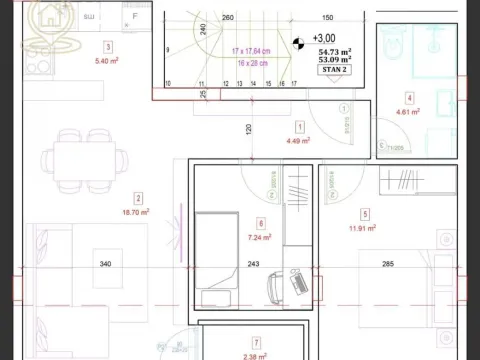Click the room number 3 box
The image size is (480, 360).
[107, 46]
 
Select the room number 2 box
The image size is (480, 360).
[139, 198]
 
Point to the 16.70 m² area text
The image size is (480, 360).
[135, 212]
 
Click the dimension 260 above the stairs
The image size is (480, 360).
[227, 18]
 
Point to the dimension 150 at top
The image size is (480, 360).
[327, 18]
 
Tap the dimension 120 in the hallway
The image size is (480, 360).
[246, 129]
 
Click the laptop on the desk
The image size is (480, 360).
[297, 282]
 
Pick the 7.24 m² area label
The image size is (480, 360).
[260, 239]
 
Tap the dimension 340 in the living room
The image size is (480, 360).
[105, 264]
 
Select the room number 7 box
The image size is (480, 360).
[256, 342]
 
